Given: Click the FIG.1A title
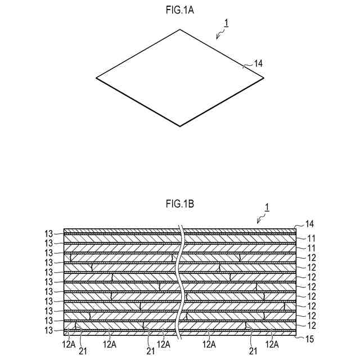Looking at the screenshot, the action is (180, 10).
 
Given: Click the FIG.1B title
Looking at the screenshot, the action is (180, 204).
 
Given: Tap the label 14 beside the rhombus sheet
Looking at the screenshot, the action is (258, 64).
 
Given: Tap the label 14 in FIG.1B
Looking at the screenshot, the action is (308, 223).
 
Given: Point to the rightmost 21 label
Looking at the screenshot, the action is (252, 352).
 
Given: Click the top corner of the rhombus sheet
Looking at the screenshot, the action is (180, 29).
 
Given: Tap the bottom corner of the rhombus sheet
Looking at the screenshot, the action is (180, 126).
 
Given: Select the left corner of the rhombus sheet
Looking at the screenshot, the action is (96, 78).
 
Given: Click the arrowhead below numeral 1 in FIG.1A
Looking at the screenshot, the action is (217, 38).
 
